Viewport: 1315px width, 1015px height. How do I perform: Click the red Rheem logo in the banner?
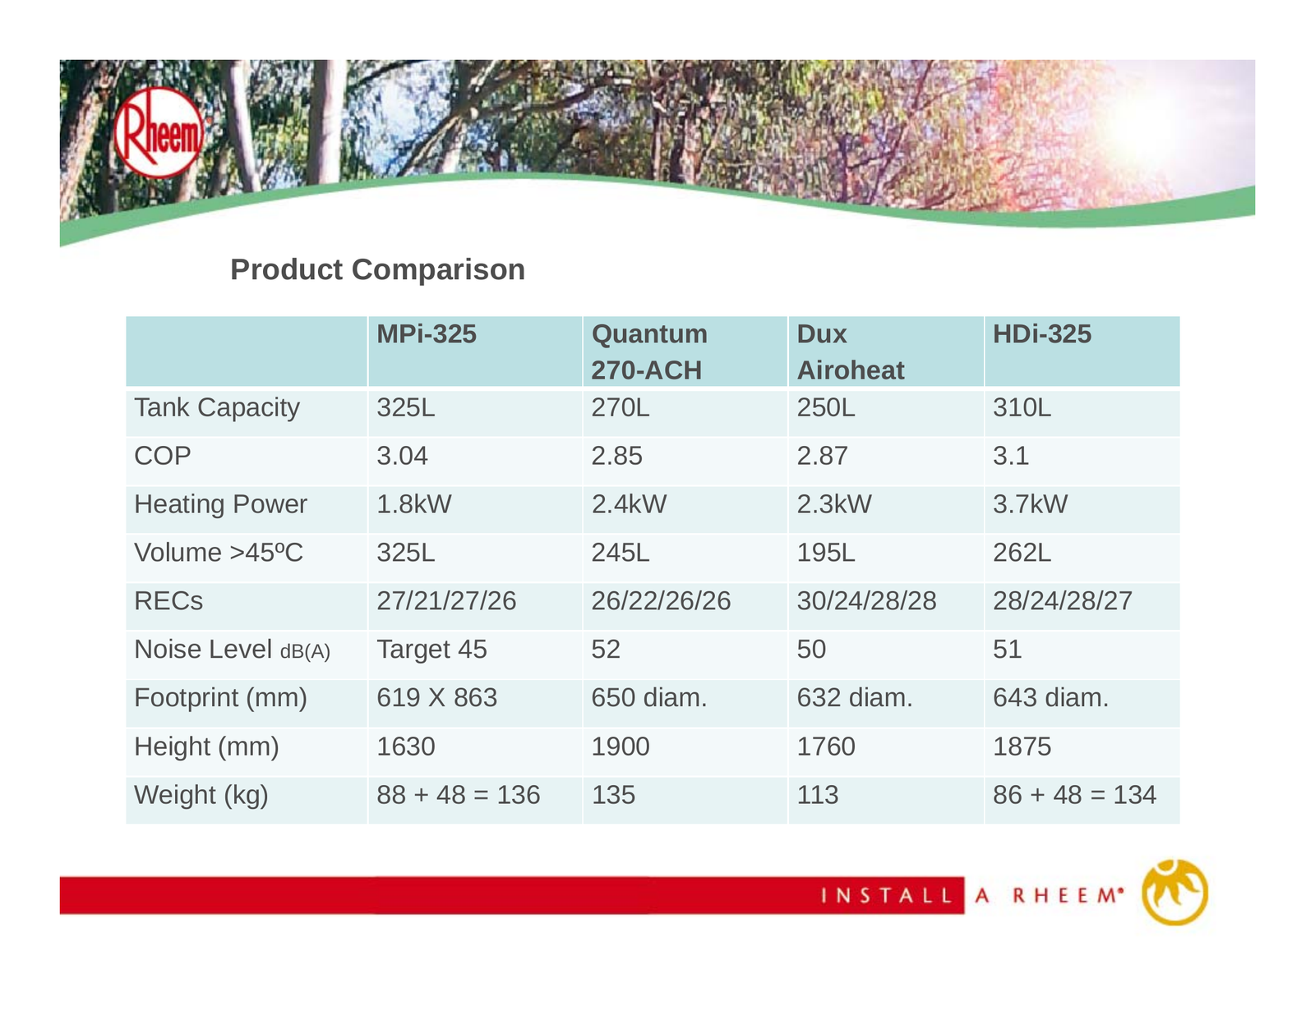click(159, 131)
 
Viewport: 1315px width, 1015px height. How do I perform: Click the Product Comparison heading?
click(377, 269)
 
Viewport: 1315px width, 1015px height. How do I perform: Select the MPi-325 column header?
click(426, 333)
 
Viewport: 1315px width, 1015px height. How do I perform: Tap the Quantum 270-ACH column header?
click(648, 351)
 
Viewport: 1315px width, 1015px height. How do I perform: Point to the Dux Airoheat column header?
click(851, 351)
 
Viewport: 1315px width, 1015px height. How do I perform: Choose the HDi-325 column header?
click(1041, 333)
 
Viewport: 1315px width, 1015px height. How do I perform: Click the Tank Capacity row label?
click(217, 408)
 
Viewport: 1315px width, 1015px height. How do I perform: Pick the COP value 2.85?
click(616, 456)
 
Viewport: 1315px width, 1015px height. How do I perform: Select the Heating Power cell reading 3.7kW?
click(1030, 504)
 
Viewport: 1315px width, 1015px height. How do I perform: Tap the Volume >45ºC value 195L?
click(825, 553)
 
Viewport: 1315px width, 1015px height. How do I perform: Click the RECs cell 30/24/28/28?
click(866, 601)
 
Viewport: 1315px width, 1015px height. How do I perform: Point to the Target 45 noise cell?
click(431, 650)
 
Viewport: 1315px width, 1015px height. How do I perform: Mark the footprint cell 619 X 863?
click(436, 698)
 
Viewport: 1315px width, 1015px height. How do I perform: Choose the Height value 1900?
click(621, 746)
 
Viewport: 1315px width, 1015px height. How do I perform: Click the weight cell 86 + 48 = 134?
click(1074, 795)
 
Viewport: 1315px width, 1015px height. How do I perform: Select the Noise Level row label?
click(232, 650)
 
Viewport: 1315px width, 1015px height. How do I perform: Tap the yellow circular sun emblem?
click(1174, 893)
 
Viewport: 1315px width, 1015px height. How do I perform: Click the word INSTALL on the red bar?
click(887, 895)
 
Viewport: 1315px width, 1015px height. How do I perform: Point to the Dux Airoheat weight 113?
click(818, 795)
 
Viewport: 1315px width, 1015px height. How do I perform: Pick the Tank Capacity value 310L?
click(1022, 407)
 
